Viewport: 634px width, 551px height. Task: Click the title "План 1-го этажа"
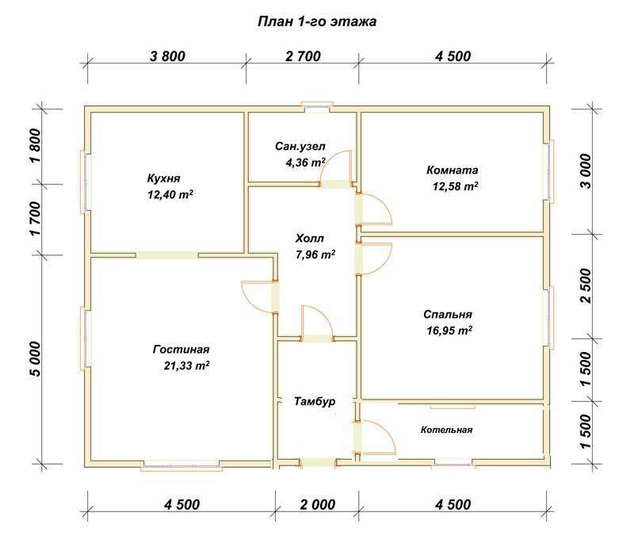tap(317, 21)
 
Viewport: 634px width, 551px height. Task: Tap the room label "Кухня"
tap(163, 178)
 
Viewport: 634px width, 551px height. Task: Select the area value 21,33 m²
tap(187, 365)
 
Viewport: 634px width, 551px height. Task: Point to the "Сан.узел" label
tap(300, 146)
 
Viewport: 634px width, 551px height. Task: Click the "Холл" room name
tap(310, 239)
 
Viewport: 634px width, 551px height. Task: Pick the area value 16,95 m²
tap(449, 331)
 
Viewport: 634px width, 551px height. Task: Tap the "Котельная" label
tap(446, 430)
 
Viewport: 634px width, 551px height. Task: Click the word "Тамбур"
tap(315, 402)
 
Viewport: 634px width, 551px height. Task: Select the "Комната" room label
tap(452, 170)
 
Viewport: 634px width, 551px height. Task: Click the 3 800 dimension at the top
tap(167, 56)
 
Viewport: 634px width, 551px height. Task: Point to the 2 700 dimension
tap(303, 56)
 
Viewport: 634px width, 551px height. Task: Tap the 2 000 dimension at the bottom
tap(318, 504)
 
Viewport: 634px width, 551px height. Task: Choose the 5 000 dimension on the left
tap(36, 359)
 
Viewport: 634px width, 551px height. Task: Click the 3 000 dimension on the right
tap(586, 171)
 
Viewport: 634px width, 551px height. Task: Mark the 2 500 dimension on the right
tap(586, 285)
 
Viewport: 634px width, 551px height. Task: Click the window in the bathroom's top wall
tap(318, 107)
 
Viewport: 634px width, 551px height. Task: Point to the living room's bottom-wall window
tap(181, 465)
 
